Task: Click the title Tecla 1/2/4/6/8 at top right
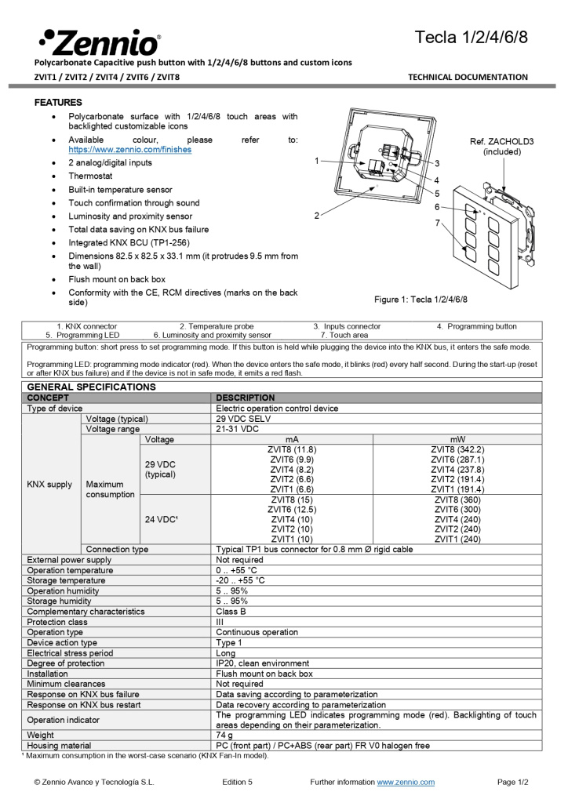pos(471,37)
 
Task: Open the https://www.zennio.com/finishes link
pos(129,149)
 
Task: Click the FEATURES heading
pos(58,103)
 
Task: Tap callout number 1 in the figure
pos(315,160)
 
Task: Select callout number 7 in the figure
pos(437,223)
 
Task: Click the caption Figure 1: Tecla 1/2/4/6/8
pos(421,300)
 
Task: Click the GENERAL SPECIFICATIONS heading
pos(91,387)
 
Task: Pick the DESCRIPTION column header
pos(246,398)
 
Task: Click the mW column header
pos(457,439)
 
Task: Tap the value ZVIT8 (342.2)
pos(457,449)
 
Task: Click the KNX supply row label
pos(49,485)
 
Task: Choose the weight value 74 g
pos(226,735)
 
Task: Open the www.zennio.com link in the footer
pos(406,782)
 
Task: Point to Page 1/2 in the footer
pos(513,782)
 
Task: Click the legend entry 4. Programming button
pos(476,326)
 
